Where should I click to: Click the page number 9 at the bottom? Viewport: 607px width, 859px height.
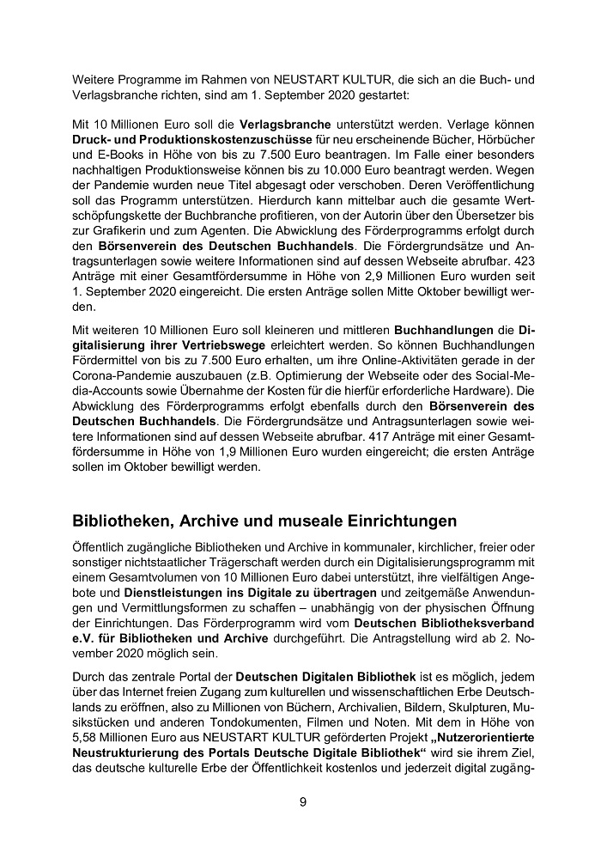302,802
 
